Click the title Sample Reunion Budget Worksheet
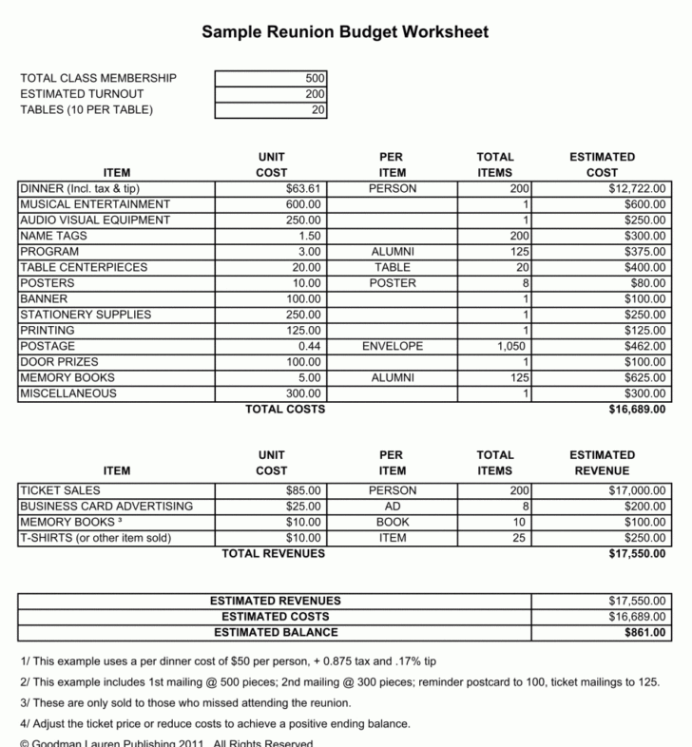pyautogui.click(x=345, y=32)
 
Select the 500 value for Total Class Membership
pyautogui.click(x=315, y=78)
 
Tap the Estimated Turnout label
pyautogui.click(x=82, y=94)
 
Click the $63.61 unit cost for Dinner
pyautogui.click(x=305, y=189)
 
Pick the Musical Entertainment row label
pyautogui.click(x=95, y=204)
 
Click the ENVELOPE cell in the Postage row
pyautogui.click(x=393, y=347)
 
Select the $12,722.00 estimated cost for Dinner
pyautogui.click(x=638, y=189)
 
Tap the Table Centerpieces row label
pyautogui.click(x=84, y=268)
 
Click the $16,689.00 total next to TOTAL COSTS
pyautogui.click(x=637, y=411)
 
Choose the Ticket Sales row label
pyautogui.click(x=60, y=490)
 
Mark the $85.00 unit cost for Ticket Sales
pyautogui.click(x=305, y=490)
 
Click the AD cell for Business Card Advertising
pyautogui.click(x=393, y=507)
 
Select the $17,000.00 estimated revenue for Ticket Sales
pyautogui.click(x=637, y=490)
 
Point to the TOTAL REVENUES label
pyautogui.click(x=273, y=553)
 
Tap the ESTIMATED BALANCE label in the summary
pyautogui.click(x=276, y=632)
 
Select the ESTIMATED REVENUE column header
pyautogui.click(x=602, y=463)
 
